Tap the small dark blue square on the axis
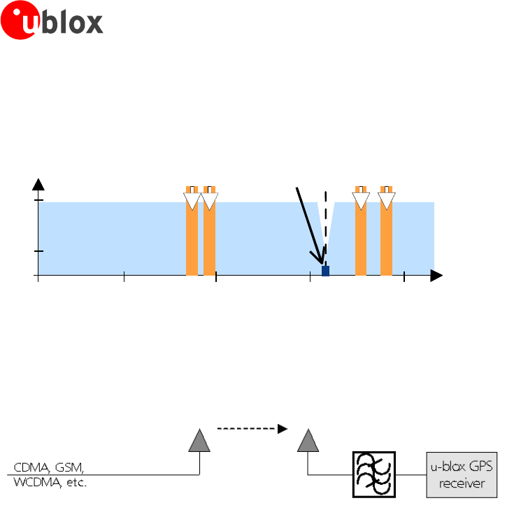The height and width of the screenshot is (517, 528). point(325,271)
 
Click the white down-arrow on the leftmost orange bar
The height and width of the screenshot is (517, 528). point(192,201)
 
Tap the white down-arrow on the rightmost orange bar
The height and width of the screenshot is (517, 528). point(386,201)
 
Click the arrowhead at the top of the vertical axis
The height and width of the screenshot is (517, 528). point(39,184)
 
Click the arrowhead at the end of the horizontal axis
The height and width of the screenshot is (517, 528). point(436,276)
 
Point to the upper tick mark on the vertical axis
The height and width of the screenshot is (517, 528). point(39,201)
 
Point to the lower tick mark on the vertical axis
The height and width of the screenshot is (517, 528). point(39,250)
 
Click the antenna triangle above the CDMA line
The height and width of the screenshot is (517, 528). point(199,441)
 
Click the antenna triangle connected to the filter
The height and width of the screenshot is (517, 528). point(307,441)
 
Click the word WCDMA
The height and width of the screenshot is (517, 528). point(34,483)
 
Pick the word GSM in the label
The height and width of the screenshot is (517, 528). point(67,467)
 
